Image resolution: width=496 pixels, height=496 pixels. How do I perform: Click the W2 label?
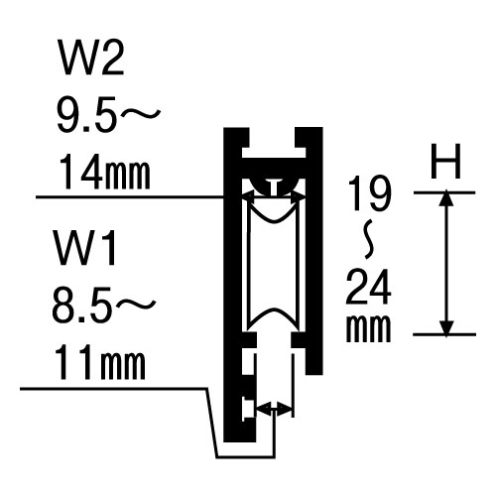click(91, 58)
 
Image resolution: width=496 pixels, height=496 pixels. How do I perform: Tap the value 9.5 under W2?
click(87, 114)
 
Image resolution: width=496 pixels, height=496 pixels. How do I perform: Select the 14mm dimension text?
click(105, 172)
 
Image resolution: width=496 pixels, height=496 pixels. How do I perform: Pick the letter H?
click(445, 161)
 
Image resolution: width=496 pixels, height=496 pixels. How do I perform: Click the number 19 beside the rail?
click(370, 192)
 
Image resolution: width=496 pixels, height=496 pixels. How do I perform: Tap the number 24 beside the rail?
click(368, 287)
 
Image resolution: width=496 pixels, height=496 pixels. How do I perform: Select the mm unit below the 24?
click(368, 328)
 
